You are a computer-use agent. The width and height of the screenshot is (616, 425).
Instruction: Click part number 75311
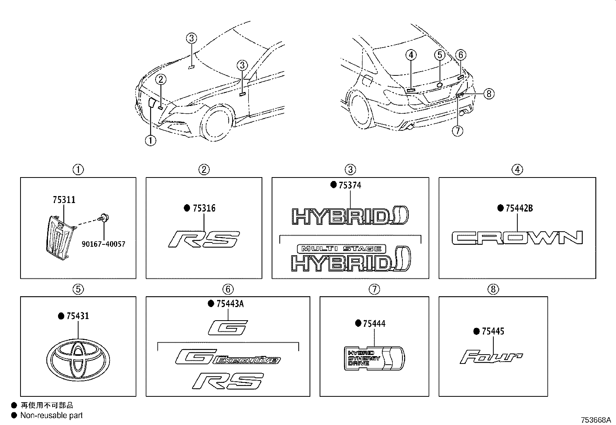tap(64, 200)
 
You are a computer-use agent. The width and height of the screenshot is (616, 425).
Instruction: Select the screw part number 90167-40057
tap(103, 244)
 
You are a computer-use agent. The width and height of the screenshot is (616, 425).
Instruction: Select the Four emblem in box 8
tap(491, 357)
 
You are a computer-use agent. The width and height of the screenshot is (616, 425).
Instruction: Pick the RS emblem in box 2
tap(204, 239)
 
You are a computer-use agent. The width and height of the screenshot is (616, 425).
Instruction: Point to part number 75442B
tap(519, 208)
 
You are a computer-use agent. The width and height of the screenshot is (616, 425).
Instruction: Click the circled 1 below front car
tap(151, 141)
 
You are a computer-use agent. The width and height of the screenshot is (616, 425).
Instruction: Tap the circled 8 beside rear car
tap(489, 94)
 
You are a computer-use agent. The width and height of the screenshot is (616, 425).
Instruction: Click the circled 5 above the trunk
tap(440, 55)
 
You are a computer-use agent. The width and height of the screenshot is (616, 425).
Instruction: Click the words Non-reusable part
tap(51, 416)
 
